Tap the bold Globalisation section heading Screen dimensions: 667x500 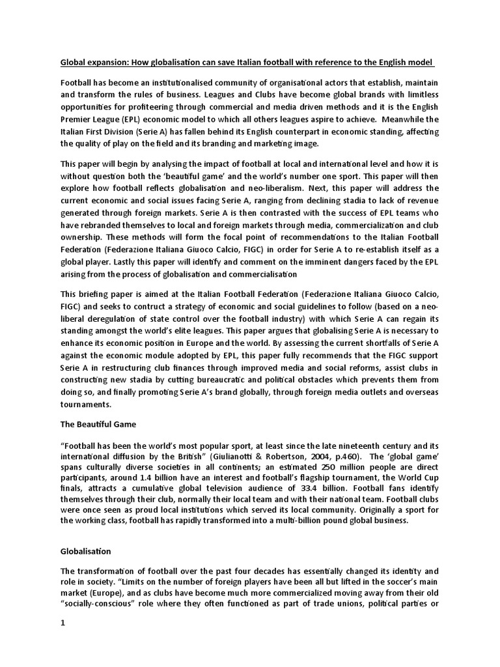(86, 551)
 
